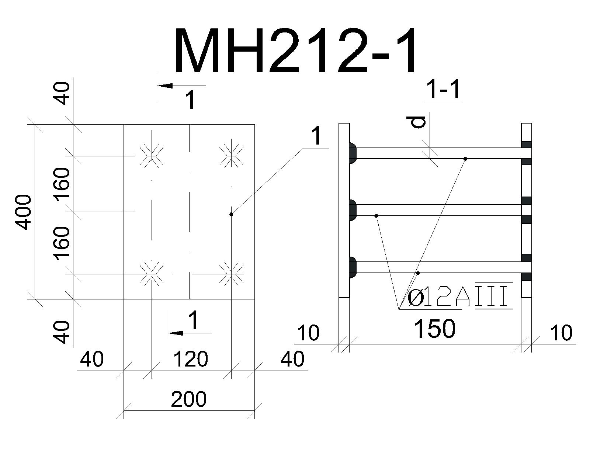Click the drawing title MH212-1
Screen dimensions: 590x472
click(295, 51)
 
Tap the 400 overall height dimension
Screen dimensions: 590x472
click(23, 212)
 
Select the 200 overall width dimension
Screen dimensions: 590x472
click(189, 399)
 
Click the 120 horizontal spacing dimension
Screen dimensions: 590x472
click(191, 359)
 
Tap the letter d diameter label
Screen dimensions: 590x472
click(416, 122)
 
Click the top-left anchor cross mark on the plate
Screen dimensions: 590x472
click(152, 156)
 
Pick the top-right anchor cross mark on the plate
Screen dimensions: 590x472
click(232, 156)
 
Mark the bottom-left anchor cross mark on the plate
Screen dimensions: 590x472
click(152, 274)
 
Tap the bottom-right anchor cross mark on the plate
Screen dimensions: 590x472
click(232, 274)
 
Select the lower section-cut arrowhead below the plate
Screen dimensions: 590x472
click(176, 333)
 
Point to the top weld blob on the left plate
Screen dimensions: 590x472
click(353, 153)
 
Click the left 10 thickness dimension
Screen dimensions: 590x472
click(308, 332)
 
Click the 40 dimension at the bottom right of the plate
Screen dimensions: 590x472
click(292, 359)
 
